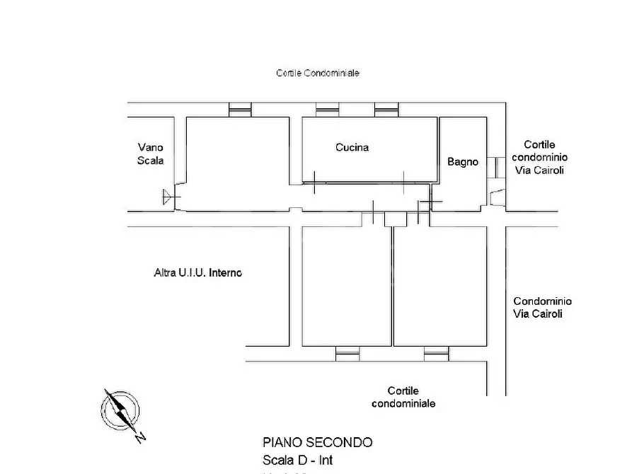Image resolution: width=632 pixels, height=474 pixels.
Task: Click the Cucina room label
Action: click(x=352, y=148)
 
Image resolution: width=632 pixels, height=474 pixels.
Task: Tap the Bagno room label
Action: click(x=462, y=162)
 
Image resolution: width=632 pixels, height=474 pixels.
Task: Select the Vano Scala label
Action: click(x=151, y=154)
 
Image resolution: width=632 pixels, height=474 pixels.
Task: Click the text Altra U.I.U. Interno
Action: click(x=197, y=272)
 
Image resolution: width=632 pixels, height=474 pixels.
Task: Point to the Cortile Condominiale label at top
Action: click(x=318, y=73)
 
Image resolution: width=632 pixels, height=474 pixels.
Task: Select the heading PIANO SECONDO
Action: click(x=317, y=442)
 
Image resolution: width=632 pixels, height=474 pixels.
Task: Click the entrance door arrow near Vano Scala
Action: click(x=168, y=197)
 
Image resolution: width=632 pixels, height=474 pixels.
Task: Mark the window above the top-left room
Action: click(x=240, y=110)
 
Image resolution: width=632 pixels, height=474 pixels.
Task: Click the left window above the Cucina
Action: click(x=327, y=110)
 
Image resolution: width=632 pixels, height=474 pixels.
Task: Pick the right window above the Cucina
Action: click(x=386, y=110)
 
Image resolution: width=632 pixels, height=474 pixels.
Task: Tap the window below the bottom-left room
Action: click(x=347, y=351)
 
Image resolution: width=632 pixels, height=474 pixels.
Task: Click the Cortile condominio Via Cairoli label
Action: click(x=539, y=156)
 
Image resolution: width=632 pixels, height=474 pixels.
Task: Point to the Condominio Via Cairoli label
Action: click(x=542, y=308)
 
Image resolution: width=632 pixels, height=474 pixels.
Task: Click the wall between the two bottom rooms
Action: click(x=393, y=287)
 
